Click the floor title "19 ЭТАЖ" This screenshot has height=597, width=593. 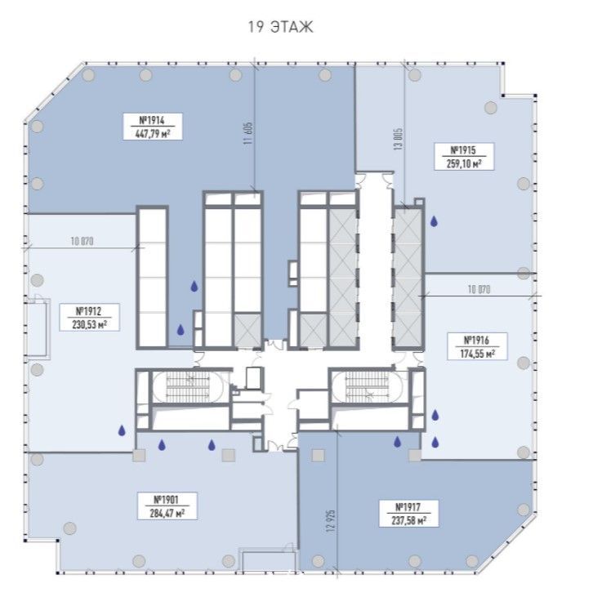[281, 28]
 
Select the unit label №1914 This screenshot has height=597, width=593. [153, 120]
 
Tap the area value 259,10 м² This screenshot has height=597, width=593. [464, 163]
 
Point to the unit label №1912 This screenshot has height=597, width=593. [89, 311]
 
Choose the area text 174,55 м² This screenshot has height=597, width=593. [477, 354]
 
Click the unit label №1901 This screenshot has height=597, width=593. [167, 500]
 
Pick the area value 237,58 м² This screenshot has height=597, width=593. [408, 520]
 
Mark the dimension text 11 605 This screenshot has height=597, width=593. [248, 133]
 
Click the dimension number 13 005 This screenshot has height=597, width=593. [399, 139]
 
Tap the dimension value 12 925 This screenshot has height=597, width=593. [330, 520]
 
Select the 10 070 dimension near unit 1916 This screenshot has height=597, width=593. [479, 289]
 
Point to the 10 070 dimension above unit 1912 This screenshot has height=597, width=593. [82, 241]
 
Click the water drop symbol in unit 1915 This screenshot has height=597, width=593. [434, 221]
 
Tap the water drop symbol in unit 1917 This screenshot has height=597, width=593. [397, 441]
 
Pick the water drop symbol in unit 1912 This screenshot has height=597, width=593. [122, 430]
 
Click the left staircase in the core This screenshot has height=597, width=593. [188, 385]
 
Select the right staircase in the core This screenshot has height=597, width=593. [367, 385]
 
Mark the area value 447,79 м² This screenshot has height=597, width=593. [153, 134]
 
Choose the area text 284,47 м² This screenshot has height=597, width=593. [167, 513]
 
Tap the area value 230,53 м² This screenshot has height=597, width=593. [89, 325]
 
